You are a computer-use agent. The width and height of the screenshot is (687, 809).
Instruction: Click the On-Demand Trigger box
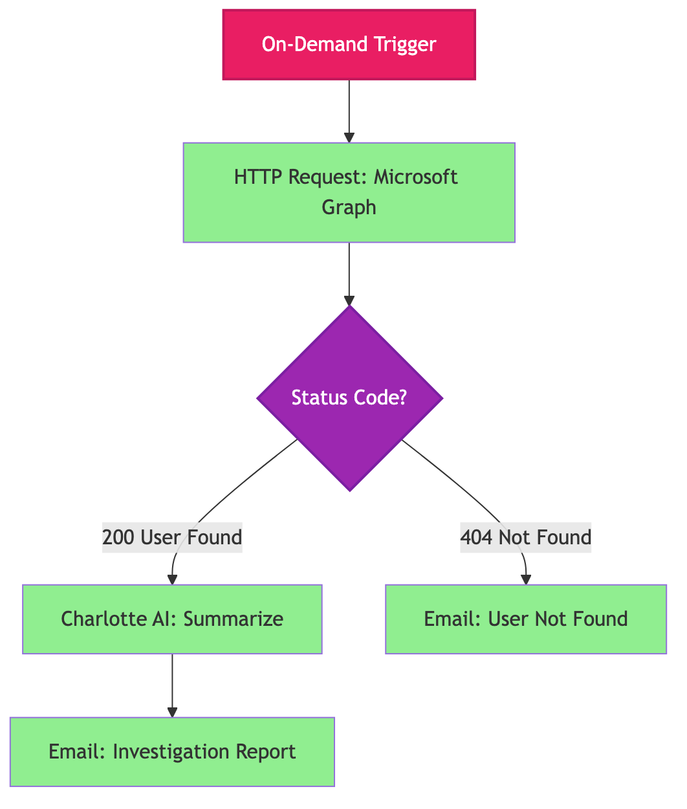point(349,45)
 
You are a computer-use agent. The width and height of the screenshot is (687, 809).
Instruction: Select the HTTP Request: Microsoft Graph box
point(349,192)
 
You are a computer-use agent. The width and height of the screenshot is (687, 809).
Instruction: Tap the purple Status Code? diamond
point(349,397)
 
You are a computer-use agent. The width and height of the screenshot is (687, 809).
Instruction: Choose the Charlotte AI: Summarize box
point(172,619)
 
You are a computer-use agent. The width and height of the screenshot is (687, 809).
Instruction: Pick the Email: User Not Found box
point(525,619)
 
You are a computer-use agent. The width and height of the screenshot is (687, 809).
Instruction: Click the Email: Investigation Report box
point(172,751)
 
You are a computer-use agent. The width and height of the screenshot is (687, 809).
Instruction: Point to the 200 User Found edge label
point(172,537)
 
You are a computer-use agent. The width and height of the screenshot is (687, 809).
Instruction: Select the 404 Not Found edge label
point(525,537)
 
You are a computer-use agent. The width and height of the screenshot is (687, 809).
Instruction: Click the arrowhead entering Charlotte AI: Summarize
point(172,579)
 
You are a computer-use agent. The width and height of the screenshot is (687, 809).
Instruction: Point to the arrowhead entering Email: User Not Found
point(526,579)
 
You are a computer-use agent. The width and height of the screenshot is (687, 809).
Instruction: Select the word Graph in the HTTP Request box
point(349,207)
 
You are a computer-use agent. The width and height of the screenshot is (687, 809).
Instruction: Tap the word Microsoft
point(416,177)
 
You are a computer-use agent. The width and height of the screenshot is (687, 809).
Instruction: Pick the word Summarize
point(234,619)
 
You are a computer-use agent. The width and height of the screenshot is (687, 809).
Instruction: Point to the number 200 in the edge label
point(119,537)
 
